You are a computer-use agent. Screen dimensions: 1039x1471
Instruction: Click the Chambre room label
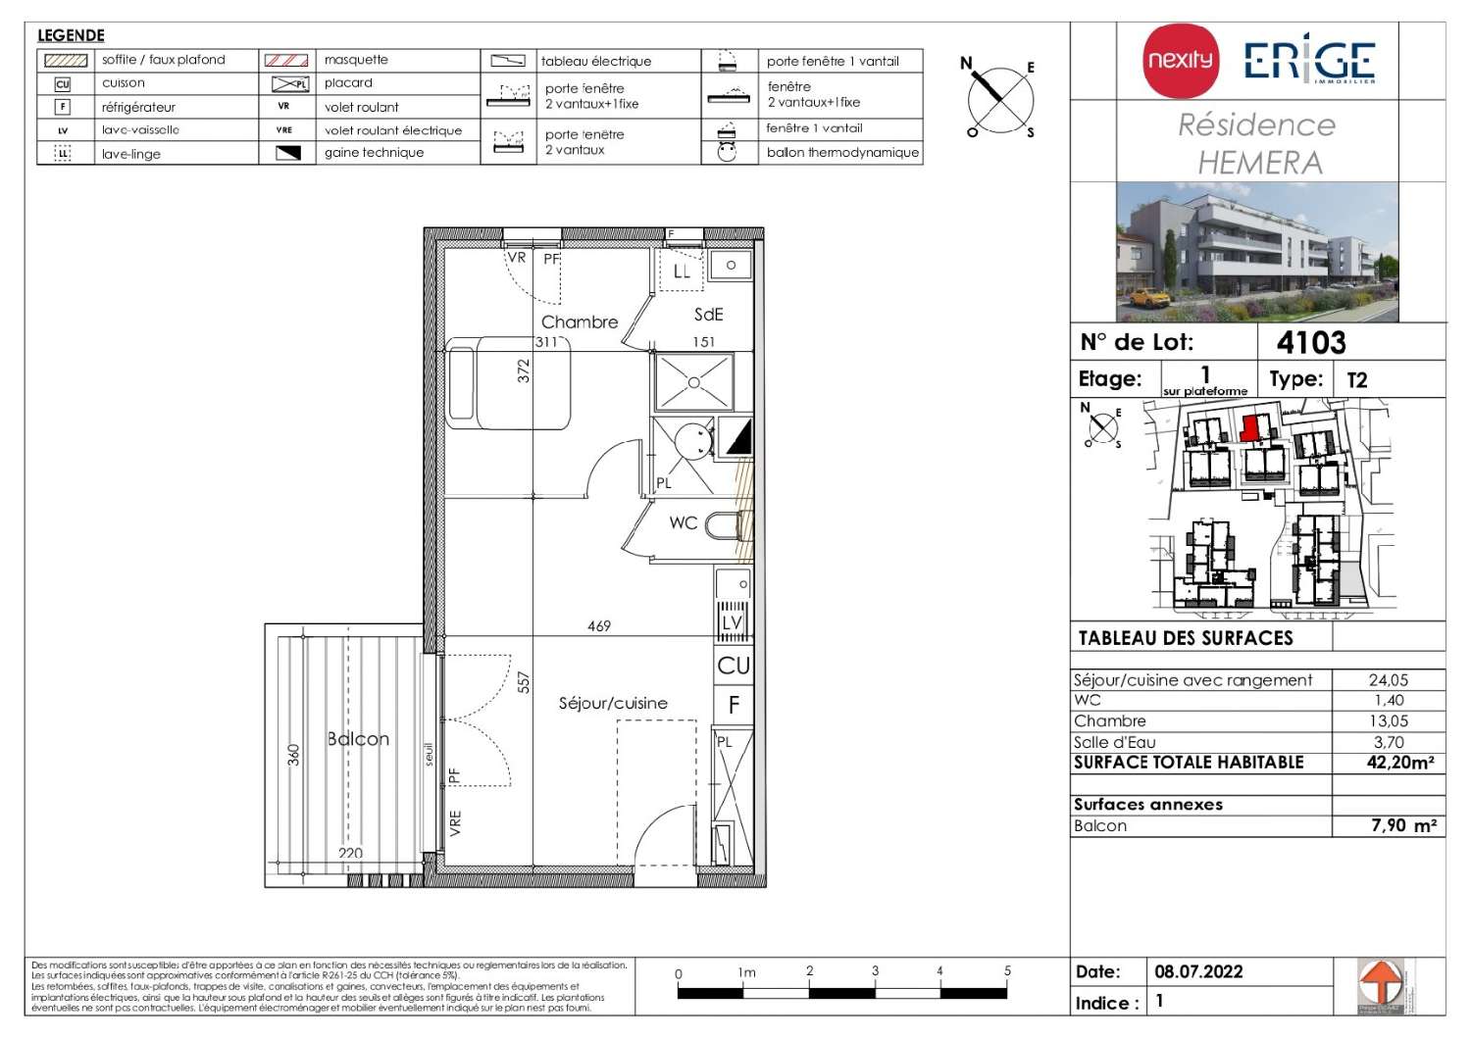pyautogui.click(x=580, y=322)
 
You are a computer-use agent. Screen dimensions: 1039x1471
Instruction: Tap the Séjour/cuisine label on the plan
pyautogui.click(x=613, y=703)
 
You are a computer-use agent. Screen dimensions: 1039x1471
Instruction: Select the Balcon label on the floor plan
pyautogui.click(x=358, y=739)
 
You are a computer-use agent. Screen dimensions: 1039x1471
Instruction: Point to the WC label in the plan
pyautogui.click(x=684, y=522)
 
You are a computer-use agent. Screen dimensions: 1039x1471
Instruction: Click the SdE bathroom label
pyautogui.click(x=708, y=315)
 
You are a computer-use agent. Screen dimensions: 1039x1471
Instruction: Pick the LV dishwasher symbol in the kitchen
pyautogui.click(x=733, y=622)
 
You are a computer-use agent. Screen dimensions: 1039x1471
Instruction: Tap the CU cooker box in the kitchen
pyautogui.click(x=734, y=666)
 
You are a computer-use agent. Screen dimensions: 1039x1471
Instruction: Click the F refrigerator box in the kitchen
pyautogui.click(x=734, y=705)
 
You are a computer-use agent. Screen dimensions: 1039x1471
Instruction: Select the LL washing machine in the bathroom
pyautogui.click(x=682, y=272)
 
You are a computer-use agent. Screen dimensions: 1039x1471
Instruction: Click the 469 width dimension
pyautogui.click(x=599, y=625)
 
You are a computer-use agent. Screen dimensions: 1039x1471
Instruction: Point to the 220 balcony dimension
pyautogui.click(x=350, y=853)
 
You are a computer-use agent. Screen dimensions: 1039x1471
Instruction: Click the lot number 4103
pyautogui.click(x=1311, y=342)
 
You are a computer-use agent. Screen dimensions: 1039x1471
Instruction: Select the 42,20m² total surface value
pyautogui.click(x=1399, y=763)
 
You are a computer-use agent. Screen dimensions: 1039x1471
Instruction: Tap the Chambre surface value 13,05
pyautogui.click(x=1389, y=721)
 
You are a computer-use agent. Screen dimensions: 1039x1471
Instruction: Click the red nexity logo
pyautogui.click(x=1181, y=61)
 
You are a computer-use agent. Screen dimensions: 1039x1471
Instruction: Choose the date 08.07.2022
pyautogui.click(x=1198, y=971)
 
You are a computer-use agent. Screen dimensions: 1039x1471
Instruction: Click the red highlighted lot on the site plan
pyautogui.click(x=1249, y=428)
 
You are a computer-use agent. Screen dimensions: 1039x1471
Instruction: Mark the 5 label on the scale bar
pyautogui.click(x=1007, y=971)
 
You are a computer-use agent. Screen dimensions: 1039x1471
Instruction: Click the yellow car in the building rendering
pyautogui.click(x=1149, y=296)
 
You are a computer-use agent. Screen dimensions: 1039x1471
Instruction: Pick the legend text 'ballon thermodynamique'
pyautogui.click(x=842, y=153)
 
